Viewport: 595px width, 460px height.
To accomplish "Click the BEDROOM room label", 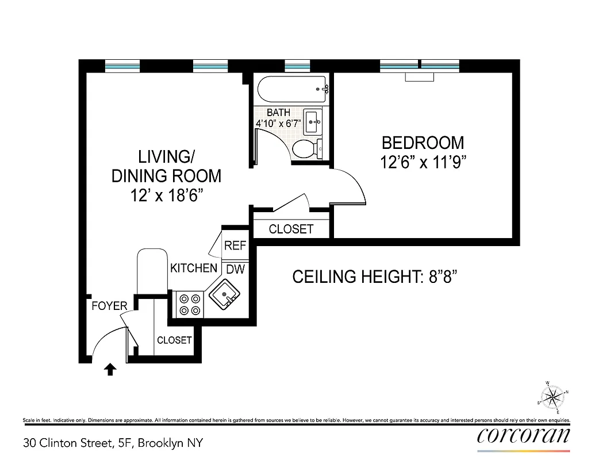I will tap(423, 142).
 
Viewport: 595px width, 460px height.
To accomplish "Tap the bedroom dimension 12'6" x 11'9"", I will tap(423, 162).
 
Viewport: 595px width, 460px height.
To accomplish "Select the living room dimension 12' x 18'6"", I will tap(166, 195).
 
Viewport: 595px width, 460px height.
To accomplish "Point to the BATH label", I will tap(278, 113).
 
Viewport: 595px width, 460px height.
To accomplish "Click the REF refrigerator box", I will tap(235, 246).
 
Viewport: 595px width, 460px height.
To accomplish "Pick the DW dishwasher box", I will tap(234, 269).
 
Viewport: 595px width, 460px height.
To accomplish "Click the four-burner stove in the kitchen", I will tap(190, 304).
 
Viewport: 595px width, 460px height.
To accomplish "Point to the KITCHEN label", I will tap(194, 268).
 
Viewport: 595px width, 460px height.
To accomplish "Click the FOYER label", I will tap(109, 306).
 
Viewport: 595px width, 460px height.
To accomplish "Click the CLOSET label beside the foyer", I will tap(174, 340).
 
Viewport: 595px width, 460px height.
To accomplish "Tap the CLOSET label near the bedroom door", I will tap(291, 229).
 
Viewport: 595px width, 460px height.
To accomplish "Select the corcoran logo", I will tap(524, 435).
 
